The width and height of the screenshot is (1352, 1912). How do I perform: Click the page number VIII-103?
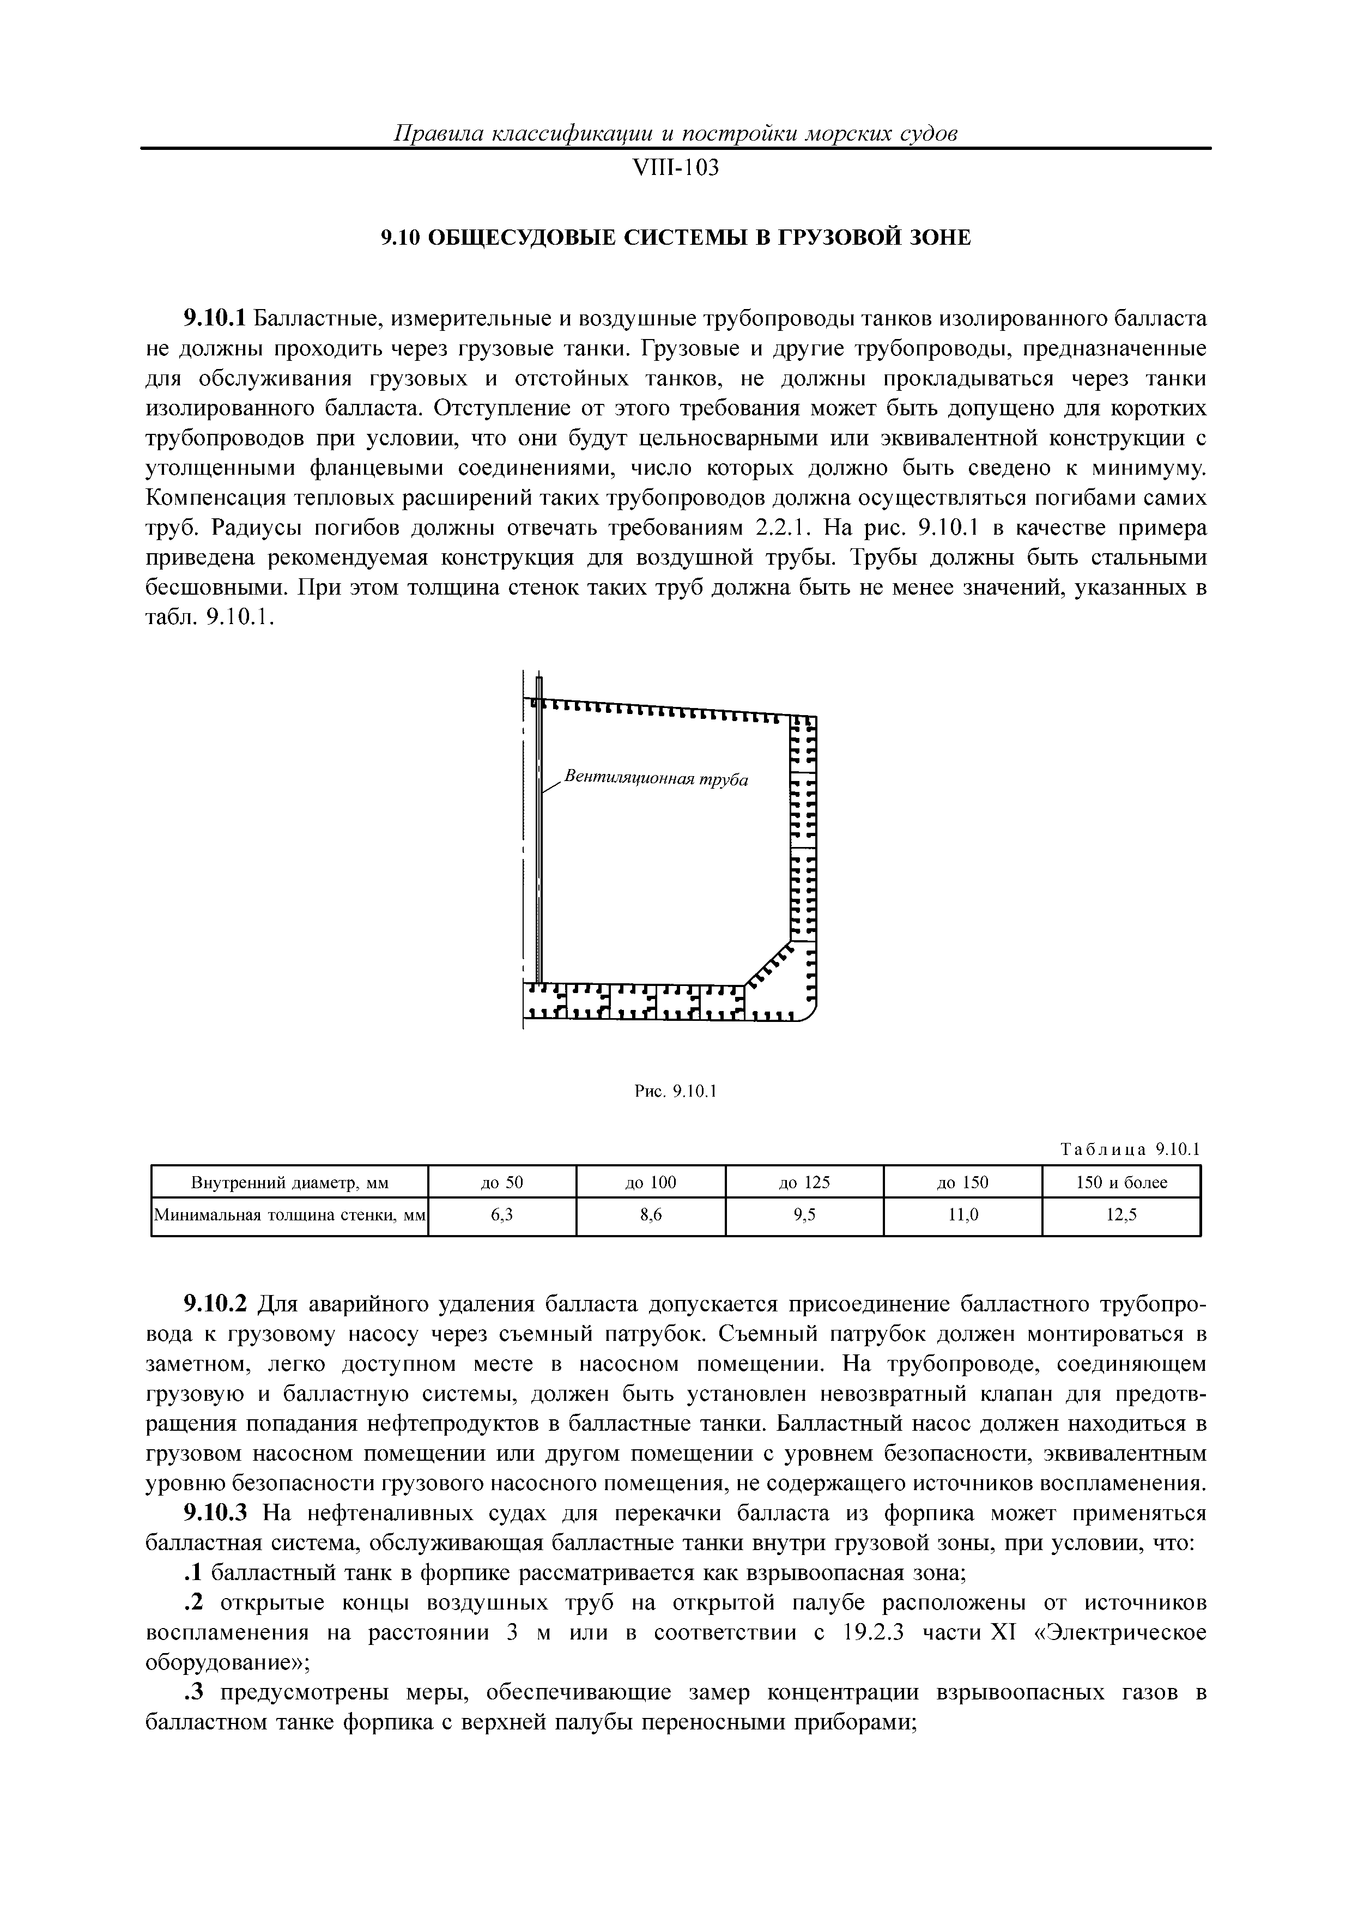pyautogui.click(x=675, y=168)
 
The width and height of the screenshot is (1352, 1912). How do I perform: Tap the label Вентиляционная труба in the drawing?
pyautogui.click(x=656, y=779)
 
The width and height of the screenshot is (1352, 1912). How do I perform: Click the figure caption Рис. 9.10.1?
pyautogui.click(x=675, y=1091)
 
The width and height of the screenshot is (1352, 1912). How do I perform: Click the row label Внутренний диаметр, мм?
pyautogui.click(x=290, y=1183)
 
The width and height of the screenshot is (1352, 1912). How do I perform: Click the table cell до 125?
pyautogui.click(x=804, y=1183)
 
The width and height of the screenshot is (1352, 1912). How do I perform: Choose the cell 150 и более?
pyautogui.click(x=1121, y=1183)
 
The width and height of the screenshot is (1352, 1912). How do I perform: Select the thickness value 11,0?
pyautogui.click(x=963, y=1216)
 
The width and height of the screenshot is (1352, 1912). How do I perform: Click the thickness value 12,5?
pyautogui.click(x=1121, y=1216)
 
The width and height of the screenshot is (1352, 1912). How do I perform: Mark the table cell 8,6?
pyautogui.click(x=651, y=1216)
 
